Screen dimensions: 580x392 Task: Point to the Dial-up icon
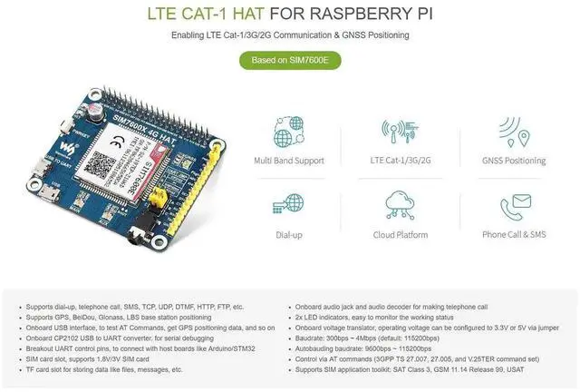289,203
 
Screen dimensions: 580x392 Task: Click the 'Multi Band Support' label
289,161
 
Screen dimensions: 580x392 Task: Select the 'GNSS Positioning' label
514,161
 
